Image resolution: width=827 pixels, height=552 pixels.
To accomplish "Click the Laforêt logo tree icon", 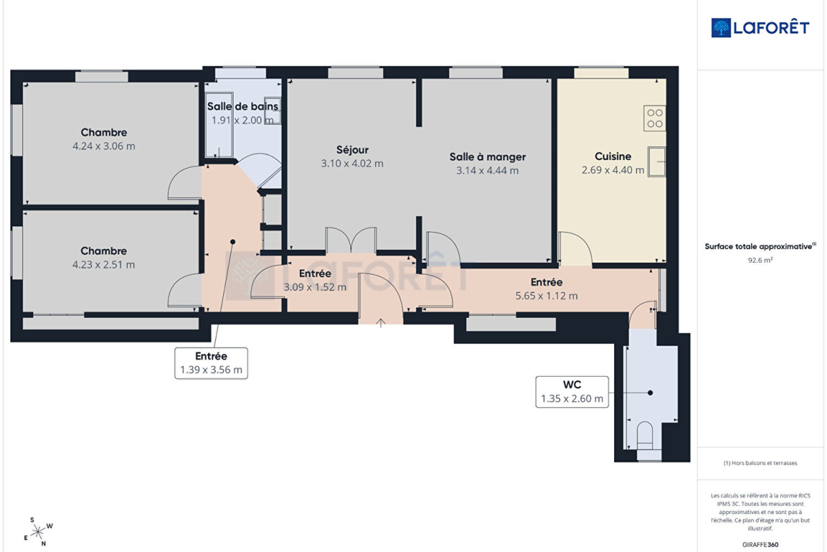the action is (x=721, y=28).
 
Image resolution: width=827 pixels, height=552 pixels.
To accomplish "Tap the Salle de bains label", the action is (x=242, y=106).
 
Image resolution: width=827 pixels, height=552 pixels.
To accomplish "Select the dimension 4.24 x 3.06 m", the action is (x=104, y=146).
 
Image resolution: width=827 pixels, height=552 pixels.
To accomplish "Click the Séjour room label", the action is (x=352, y=150).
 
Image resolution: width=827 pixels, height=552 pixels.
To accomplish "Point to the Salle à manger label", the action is (x=487, y=157).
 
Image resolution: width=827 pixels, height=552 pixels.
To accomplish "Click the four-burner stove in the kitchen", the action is (x=655, y=118).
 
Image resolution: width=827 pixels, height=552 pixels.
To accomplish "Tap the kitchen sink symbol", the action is (x=657, y=161).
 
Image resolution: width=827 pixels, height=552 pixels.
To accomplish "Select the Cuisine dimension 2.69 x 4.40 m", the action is (x=613, y=170).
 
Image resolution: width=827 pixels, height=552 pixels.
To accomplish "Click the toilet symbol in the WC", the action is (x=645, y=435).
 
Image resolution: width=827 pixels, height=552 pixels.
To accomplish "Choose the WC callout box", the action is (x=572, y=392).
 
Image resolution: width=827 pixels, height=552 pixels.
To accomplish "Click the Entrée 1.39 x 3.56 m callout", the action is (x=211, y=363).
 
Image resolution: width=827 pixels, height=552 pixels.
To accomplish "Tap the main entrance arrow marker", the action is (x=380, y=323).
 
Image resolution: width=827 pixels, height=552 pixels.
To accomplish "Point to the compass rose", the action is (x=39, y=532).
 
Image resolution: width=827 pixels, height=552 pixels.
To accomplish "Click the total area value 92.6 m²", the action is (x=760, y=260).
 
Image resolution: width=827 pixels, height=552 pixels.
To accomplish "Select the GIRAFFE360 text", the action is (x=760, y=544).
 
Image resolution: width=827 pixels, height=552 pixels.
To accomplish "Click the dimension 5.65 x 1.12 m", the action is (x=547, y=296).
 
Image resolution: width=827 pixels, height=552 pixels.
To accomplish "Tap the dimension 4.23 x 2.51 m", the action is (x=103, y=265).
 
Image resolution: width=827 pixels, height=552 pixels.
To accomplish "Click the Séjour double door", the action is (x=351, y=240).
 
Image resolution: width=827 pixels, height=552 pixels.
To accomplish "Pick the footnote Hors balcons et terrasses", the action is (x=760, y=463).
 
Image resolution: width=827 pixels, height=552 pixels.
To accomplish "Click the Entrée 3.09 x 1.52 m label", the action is (x=315, y=280).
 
